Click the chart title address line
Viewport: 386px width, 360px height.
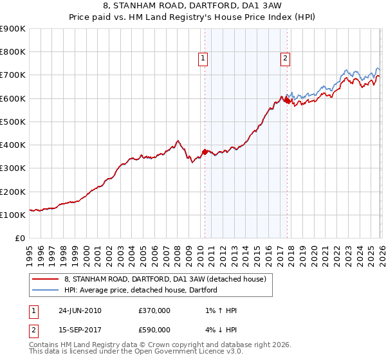[x=192, y=6]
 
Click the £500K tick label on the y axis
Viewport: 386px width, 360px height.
[x=13, y=122]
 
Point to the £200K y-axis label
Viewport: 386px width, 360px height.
[x=13, y=192]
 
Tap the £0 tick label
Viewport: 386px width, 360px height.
[x=20, y=238]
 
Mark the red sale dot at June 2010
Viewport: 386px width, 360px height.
[x=205, y=152]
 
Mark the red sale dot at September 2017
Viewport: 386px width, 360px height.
[x=286, y=100]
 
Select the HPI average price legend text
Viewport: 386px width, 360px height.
[x=141, y=290]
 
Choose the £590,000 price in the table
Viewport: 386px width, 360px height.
[x=154, y=330]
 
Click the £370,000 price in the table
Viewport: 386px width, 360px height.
[x=154, y=310]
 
